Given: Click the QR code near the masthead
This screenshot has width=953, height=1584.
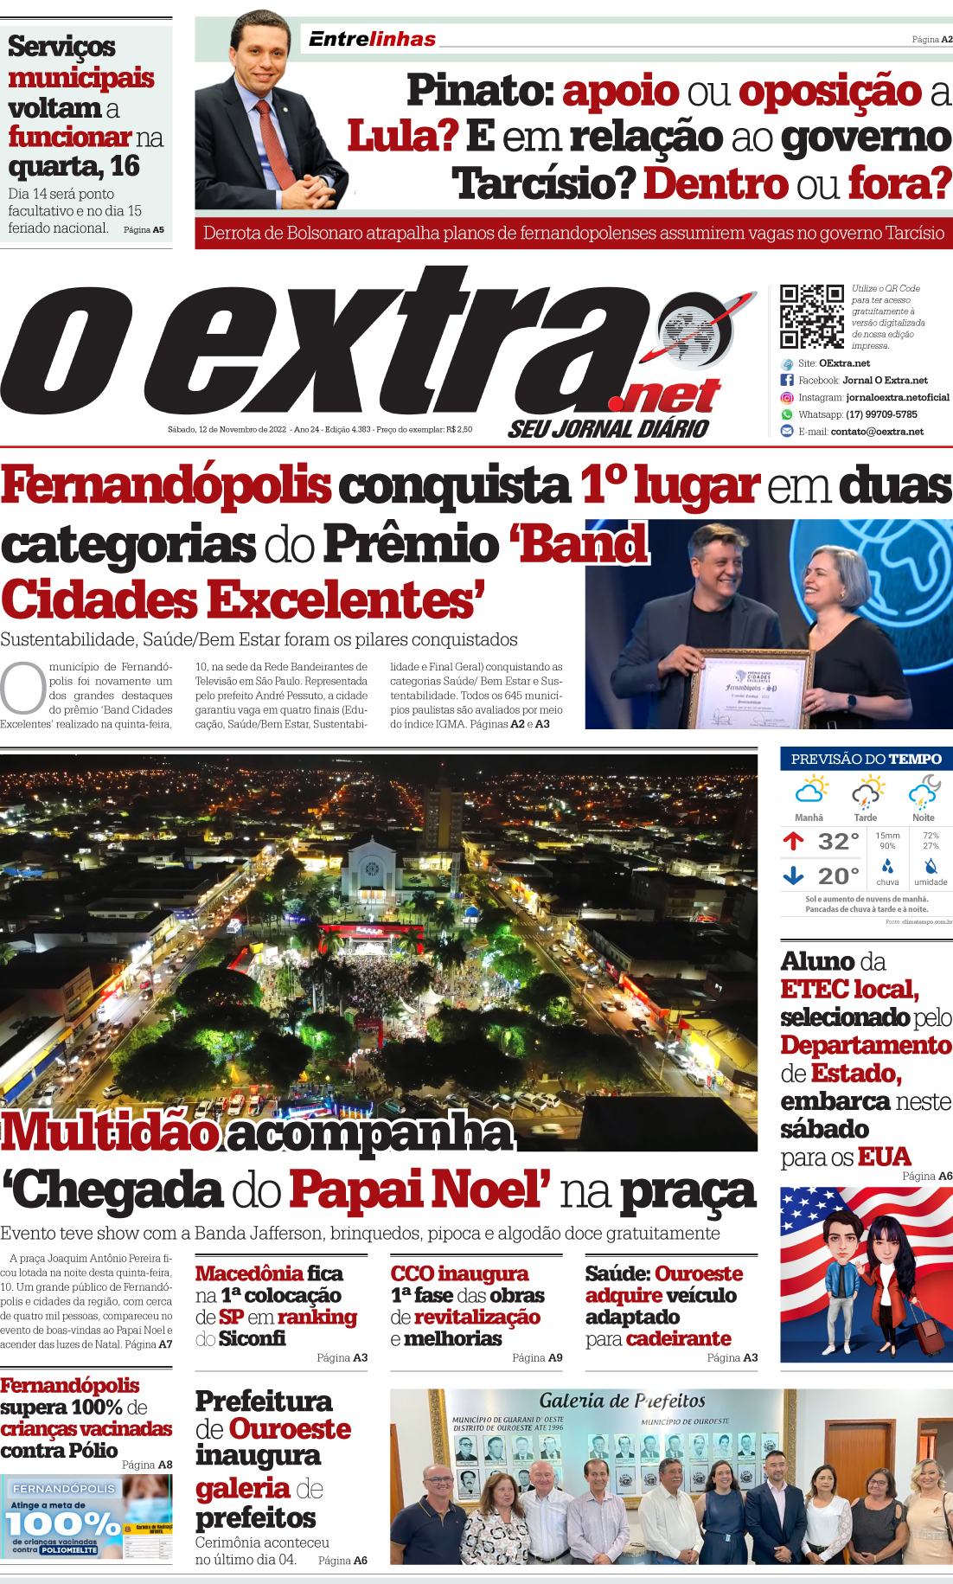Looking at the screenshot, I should pos(811,316).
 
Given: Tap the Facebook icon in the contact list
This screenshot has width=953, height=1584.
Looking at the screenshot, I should pos(787,380).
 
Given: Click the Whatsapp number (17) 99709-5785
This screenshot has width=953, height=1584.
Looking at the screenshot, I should pos(881,414).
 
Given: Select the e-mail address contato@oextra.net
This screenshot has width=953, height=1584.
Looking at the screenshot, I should pos(877,432).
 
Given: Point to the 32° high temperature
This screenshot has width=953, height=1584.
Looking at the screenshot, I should pos(838,841).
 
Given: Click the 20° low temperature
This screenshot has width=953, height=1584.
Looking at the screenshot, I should pos(838,876).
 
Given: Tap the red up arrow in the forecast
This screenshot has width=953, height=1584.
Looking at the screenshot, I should pos(793,840).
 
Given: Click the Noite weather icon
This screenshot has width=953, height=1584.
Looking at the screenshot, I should pos(924,792).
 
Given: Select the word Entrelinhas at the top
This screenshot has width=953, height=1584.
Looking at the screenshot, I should pos(372,39).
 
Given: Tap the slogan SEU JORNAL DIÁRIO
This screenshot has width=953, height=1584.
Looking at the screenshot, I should pos(608,429).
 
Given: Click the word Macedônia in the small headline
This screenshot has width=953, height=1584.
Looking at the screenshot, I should pos(249,1273).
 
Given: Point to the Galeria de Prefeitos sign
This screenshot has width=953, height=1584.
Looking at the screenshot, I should pos(622,1401).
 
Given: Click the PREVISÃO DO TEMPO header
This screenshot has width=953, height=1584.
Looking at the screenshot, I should pos(866,759).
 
